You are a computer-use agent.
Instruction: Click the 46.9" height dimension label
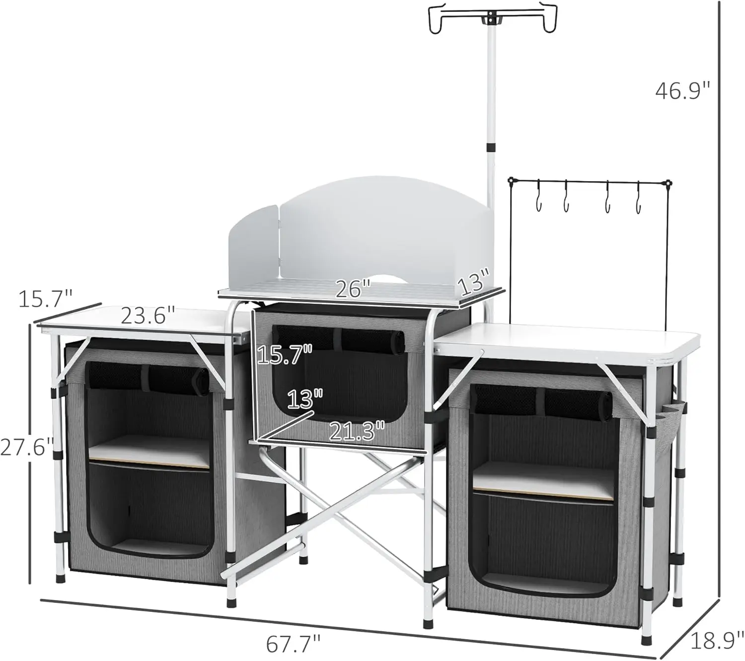683,90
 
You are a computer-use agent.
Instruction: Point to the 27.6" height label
26,447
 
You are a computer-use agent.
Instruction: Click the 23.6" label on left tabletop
148,316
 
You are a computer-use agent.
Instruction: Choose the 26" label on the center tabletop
353,289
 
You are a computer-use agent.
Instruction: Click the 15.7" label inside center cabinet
285,355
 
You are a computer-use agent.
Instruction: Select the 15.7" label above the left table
46,299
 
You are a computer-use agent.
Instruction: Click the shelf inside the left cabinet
149,449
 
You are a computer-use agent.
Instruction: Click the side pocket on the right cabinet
668,422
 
